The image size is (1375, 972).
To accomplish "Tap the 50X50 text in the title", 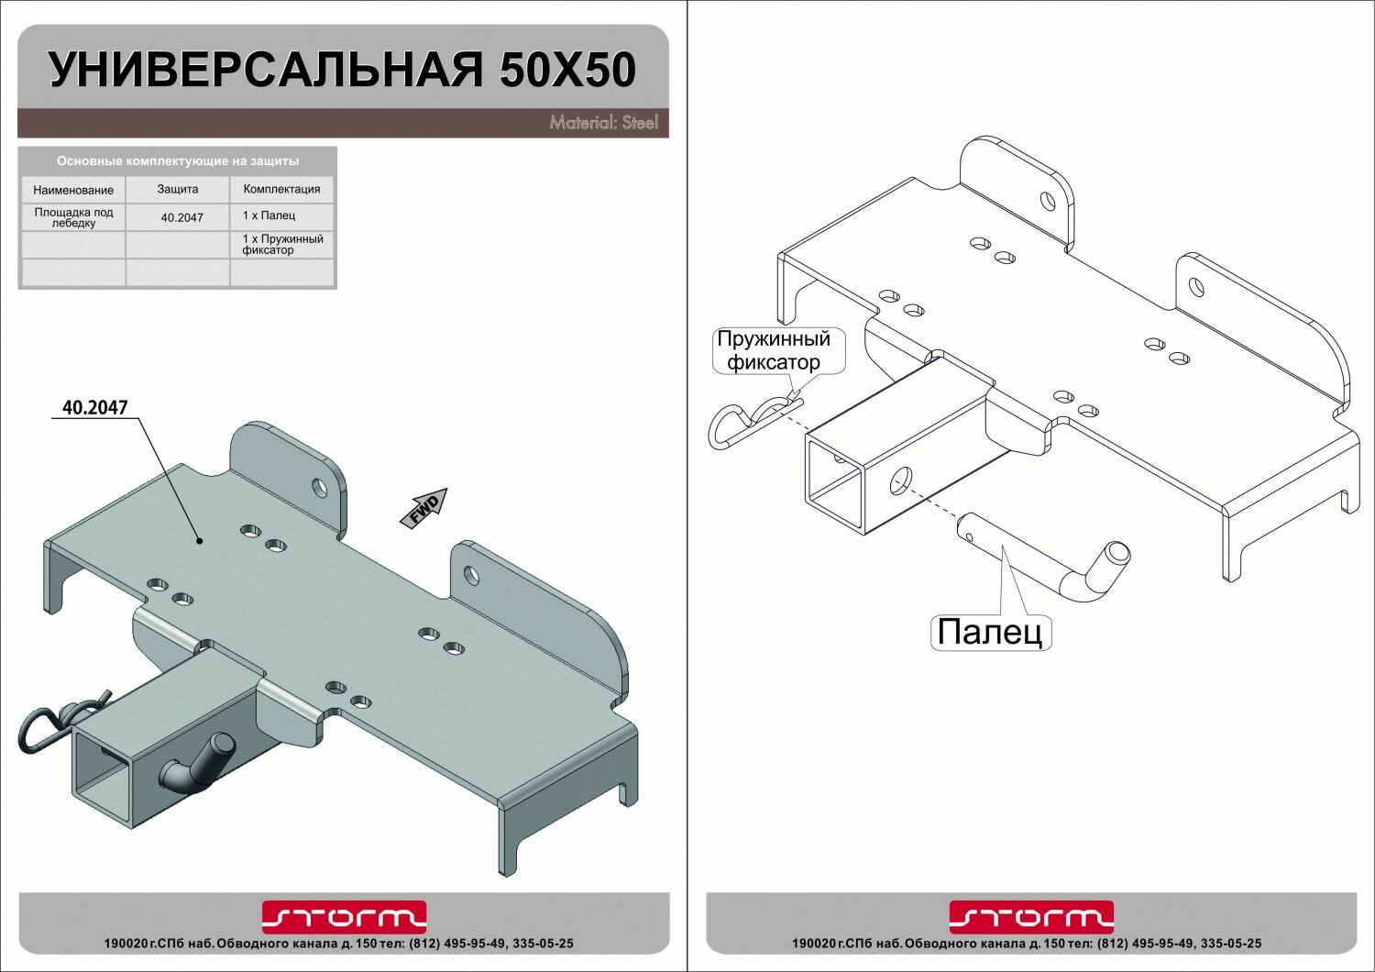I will coord(567,71).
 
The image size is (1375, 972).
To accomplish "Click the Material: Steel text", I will coord(603,122).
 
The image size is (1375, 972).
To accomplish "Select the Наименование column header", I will coord(73,190).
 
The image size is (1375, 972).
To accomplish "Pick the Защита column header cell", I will coord(178,189).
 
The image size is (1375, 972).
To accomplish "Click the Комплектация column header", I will coord(281,189).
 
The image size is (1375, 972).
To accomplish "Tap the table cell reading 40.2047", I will coord(181,217).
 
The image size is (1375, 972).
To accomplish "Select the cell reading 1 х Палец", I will coord(269,215).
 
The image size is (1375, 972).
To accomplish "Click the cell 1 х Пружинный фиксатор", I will coord(281,244).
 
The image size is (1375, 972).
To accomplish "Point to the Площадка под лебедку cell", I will coord(73,217).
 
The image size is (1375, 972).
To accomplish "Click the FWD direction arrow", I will coord(424,508).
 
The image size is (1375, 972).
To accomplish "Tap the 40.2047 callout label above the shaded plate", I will coord(94,407).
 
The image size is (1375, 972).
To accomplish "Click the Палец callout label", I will coord(990,632).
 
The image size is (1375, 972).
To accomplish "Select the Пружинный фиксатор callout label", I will coord(773,350).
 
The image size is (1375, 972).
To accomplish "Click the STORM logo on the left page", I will coord(344,916).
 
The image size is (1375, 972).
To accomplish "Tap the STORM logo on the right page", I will coord(1030,916).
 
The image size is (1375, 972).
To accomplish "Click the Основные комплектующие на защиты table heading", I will coord(178,160).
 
